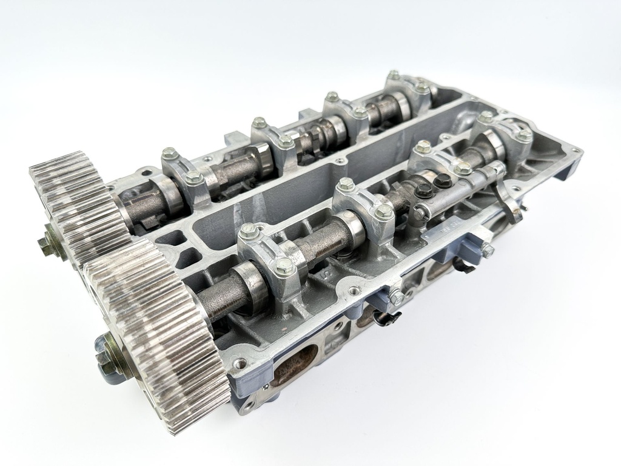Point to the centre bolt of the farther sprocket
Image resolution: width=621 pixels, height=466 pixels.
(48, 243)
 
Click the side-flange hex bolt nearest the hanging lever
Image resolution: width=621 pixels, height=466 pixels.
(487, 248)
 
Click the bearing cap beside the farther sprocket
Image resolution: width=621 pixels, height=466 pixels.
(182, 176)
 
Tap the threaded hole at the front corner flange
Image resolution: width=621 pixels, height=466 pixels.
(243, 364)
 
